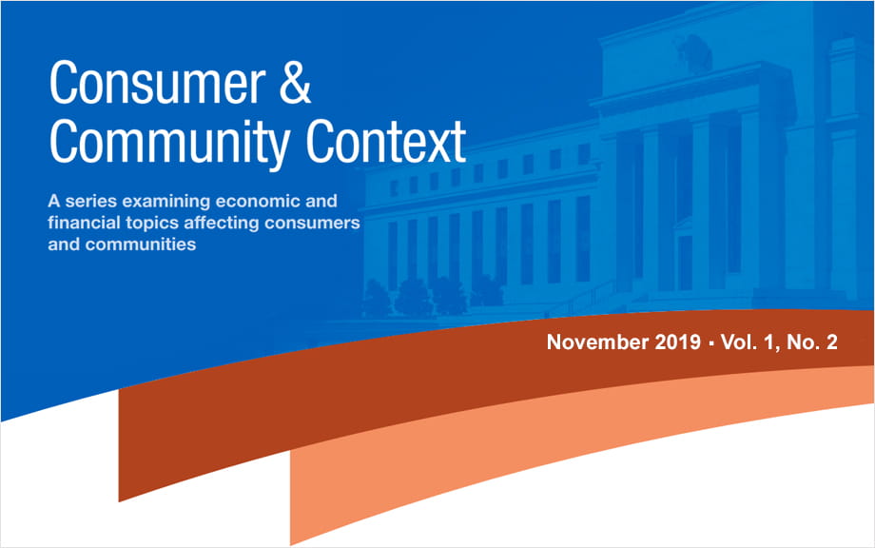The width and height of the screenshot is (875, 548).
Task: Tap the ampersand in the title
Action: coord(291,85)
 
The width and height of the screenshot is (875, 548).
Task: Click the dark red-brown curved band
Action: coord(380,381)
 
